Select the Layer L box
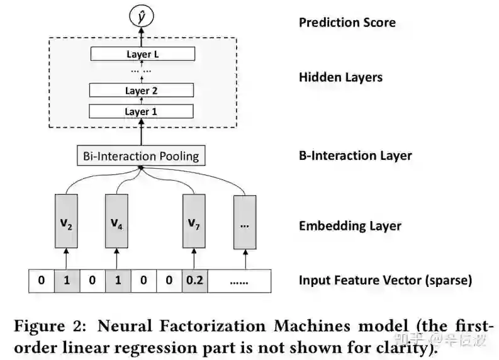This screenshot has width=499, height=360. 142,54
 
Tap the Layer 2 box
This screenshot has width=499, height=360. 142,91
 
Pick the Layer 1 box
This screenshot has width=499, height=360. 142,111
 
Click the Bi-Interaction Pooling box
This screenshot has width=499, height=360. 142,155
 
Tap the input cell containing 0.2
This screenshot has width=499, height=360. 194,281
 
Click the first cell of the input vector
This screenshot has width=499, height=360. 42,281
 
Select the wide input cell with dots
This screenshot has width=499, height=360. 239,281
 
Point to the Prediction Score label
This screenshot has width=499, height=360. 347,23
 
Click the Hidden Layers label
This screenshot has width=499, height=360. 340,77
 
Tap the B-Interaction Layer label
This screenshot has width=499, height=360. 355,155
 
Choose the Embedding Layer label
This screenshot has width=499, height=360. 350,225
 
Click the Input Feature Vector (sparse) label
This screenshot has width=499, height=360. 385,281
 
